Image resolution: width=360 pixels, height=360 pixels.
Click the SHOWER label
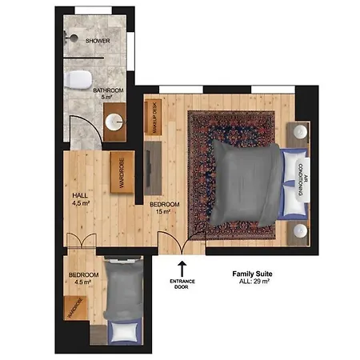click(x=98, y=41)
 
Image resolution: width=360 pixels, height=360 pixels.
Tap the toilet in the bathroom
click(x=78, y=79)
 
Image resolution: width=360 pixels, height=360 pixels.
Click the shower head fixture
click(x=71, y=38)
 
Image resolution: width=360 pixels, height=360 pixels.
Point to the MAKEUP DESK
click(x=154, y=118)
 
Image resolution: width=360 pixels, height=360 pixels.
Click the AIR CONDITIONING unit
click(x=302, y=180)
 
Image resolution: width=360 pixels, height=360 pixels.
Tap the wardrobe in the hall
click(x=122, y=172)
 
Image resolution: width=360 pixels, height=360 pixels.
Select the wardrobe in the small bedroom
click(x=75, y=308)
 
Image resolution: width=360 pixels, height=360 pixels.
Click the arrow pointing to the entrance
click(x=182, y=269)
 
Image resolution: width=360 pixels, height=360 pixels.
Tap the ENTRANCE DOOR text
click(x=182, y=284)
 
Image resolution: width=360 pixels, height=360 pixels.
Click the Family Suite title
click(x=252, y=274)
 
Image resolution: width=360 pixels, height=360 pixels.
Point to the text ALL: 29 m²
click(x=254, y=281)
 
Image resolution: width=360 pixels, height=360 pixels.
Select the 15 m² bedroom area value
click(x=163, y=212)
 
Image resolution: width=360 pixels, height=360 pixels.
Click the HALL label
click(x=80, y=195)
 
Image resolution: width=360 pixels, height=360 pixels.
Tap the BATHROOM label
click(x=108, y=90)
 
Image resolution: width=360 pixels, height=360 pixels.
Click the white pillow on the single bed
click(x=125, y=332)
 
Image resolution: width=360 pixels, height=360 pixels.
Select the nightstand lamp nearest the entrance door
click(x=300, y=230)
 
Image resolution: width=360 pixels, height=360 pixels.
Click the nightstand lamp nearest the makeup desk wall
click(x=300, y=132)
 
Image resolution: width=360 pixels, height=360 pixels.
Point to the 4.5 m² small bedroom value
click(x=83, y=282)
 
